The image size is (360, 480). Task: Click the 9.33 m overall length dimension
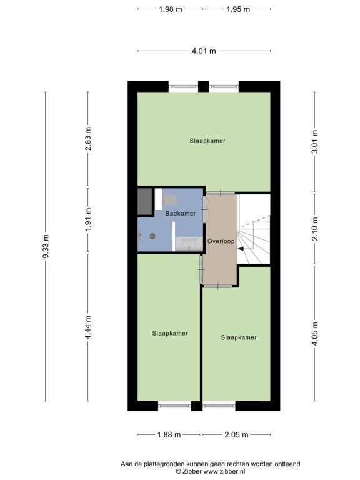(x=46, y=246)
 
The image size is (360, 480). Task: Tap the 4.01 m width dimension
(x=204, y=51)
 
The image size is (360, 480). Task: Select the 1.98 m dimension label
(x=171, y=9)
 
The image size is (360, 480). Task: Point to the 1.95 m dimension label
(x=238, y=9)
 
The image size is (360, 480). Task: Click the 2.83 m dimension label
(x=88, y=139)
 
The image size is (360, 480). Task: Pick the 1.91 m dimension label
(x=88, y=219)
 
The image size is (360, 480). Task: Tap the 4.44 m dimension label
(x=88, y=327)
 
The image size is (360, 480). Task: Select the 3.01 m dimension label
(x=315, y=141)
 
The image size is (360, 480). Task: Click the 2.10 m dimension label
(x=315, y=229)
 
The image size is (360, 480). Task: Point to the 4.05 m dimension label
(x=315, y=334)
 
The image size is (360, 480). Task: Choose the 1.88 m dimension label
(x=169, y=435)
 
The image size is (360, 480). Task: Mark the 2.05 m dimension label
(x=236, y=435)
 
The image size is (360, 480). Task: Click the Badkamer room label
(x=181, y=214)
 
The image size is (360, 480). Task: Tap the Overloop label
(x=221, y=241)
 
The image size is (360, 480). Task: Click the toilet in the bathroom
(x=171, y=200)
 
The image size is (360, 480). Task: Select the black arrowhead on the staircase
(x=241, y=249)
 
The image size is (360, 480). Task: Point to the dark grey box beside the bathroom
(x=145, y=201)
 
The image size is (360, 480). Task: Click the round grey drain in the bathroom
(x=152, y=236)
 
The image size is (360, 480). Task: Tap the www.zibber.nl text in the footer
(x=224, y=472)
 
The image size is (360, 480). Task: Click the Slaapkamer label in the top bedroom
(x=207, y=141)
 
